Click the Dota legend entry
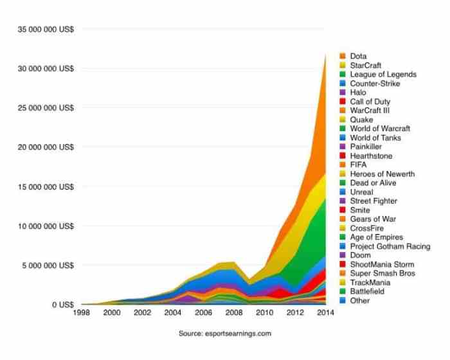coord(359,56)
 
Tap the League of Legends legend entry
coord(383,74)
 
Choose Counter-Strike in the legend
coord(375,83)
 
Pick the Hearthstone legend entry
coord(372,156)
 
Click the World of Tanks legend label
coord(375,138)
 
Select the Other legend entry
coord(360,300)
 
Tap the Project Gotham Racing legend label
coord(390,246)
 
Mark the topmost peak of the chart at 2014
coord(326,54)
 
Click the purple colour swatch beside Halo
coord(343,93)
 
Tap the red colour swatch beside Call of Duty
coord(343,102)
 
